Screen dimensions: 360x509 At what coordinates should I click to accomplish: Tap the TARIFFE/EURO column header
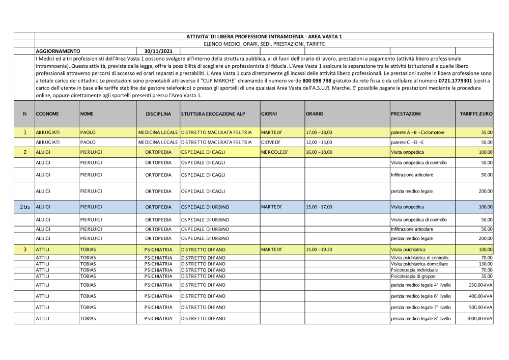pyautogui.click(x=476, y=114)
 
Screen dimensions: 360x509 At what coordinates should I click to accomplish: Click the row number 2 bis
pyautogui.click(x=25, y=207)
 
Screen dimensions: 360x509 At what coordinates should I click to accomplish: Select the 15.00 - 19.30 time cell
pyautogui.click(x=319, y=250)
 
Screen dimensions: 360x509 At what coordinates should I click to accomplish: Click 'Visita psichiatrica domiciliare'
pyautogui.click(x=419, y=264)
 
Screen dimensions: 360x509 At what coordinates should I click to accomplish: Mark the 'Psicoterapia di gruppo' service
pyautogui.click(x=413, y=276)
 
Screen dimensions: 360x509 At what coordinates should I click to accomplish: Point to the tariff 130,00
pyautogui.click(x=486, y=264)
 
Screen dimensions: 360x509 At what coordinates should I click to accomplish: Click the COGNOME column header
pyautogui.click(x=47, y=114)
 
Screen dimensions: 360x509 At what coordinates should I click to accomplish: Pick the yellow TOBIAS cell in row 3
pyautogui.click(x=89, y=250)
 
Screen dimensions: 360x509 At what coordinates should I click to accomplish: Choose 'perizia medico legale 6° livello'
pyautogui.click(x=420, y=295)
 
